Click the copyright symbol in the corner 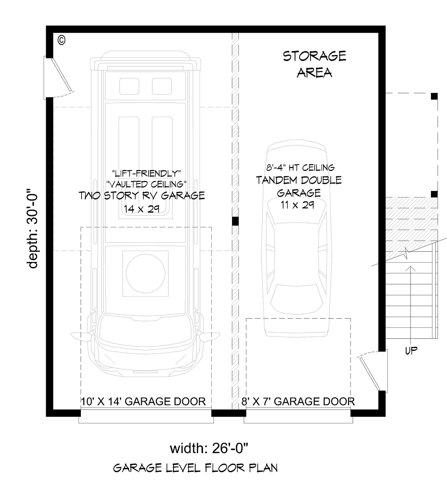coord(61,40)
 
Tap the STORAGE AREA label coord(314,64)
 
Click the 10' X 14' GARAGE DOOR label coord(143,401)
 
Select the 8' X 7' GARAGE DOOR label coord(298,401)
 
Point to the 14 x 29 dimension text coord(142,209)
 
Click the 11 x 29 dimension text coord(298,205)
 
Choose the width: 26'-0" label coord(209,448)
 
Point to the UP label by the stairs coord(411,350)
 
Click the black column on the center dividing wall coord(235,221)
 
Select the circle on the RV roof coord(145,273)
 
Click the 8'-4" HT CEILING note coord(301,167)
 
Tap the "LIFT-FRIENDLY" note coord(146,173)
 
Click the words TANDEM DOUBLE coord(299,180)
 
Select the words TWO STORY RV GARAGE coord(142,195)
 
